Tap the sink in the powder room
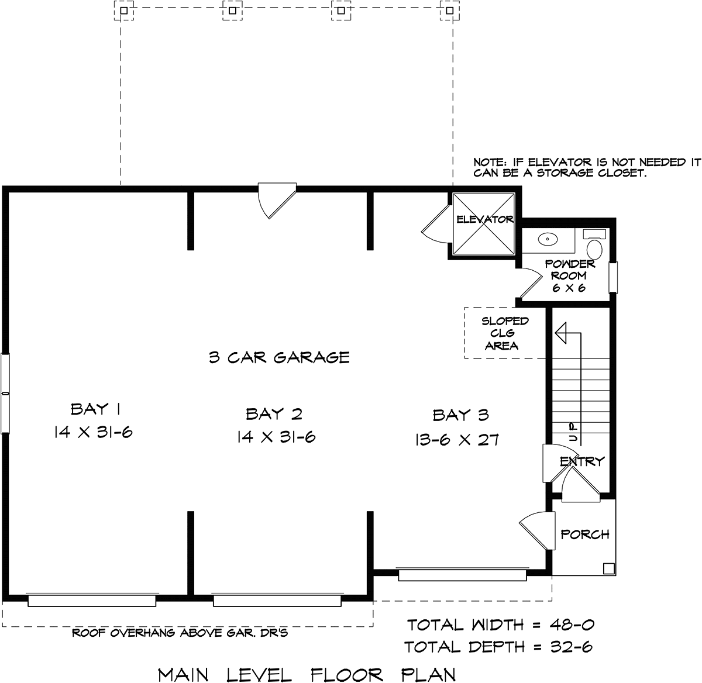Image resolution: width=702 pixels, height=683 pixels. (x=548, y=239)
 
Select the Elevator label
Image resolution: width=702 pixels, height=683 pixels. (x=484, y=219)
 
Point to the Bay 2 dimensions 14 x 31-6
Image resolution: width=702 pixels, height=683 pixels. (x=276, y=437)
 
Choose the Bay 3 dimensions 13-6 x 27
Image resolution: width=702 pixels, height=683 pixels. (x=457, y=440)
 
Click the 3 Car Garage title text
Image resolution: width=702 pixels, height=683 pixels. (x=279, y=357)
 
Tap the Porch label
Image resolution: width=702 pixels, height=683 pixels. (x=585, y=534)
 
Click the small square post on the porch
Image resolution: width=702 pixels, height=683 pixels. (x=608, y=569)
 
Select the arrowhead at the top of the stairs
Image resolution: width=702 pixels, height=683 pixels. (x=560, y=333)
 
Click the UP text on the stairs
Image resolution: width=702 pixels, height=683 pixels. (x=572, y=432)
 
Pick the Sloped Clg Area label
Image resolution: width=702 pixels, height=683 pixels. (x=504, y=333)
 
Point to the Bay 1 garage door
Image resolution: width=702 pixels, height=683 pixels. (x=92, y=601)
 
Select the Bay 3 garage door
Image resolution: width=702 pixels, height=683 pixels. (x=463, y=574)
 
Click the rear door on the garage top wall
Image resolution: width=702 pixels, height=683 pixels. (x=277, y=200)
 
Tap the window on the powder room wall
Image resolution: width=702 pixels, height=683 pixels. (x=613, y=277)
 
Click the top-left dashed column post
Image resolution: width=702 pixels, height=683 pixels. (x=124, y=11)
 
